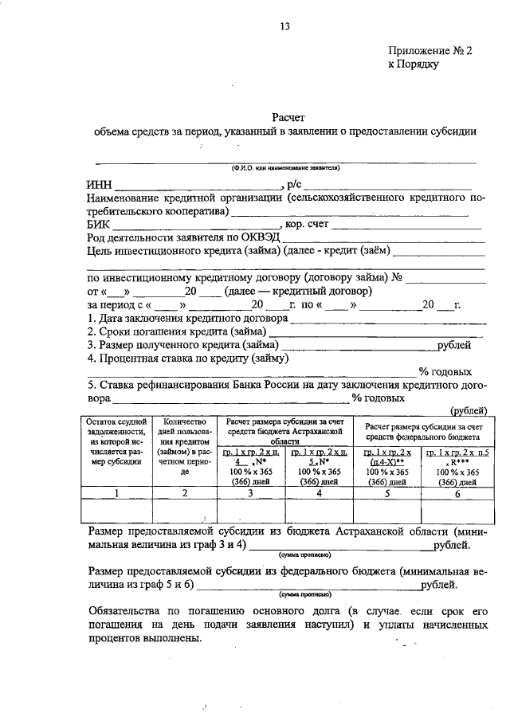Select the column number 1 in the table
tap(117, 493)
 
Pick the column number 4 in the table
tap(320, 493)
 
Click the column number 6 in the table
tap(457, 493)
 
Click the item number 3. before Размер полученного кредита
tap(91, 345)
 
